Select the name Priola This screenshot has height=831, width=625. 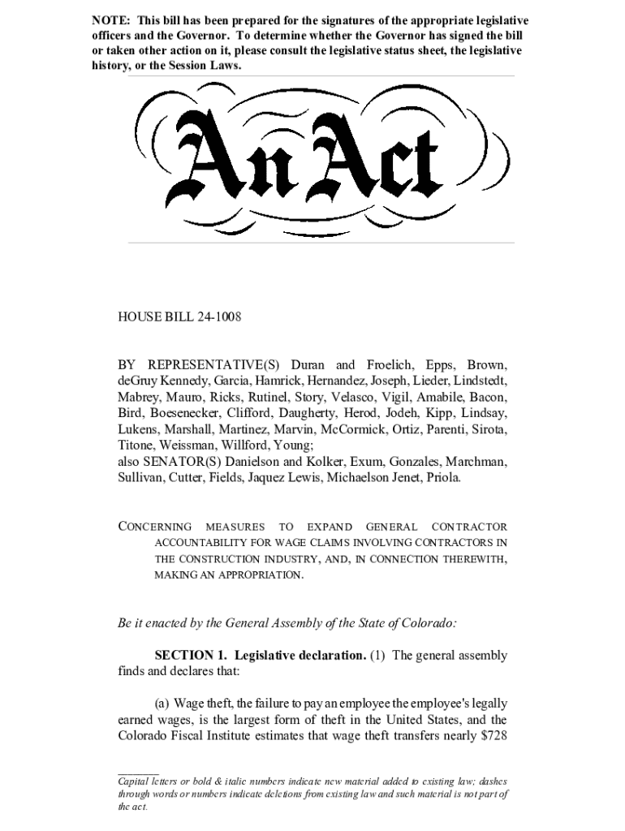(444, 478)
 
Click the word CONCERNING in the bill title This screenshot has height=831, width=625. (156, 527)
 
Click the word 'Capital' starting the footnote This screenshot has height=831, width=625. (135, 781)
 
